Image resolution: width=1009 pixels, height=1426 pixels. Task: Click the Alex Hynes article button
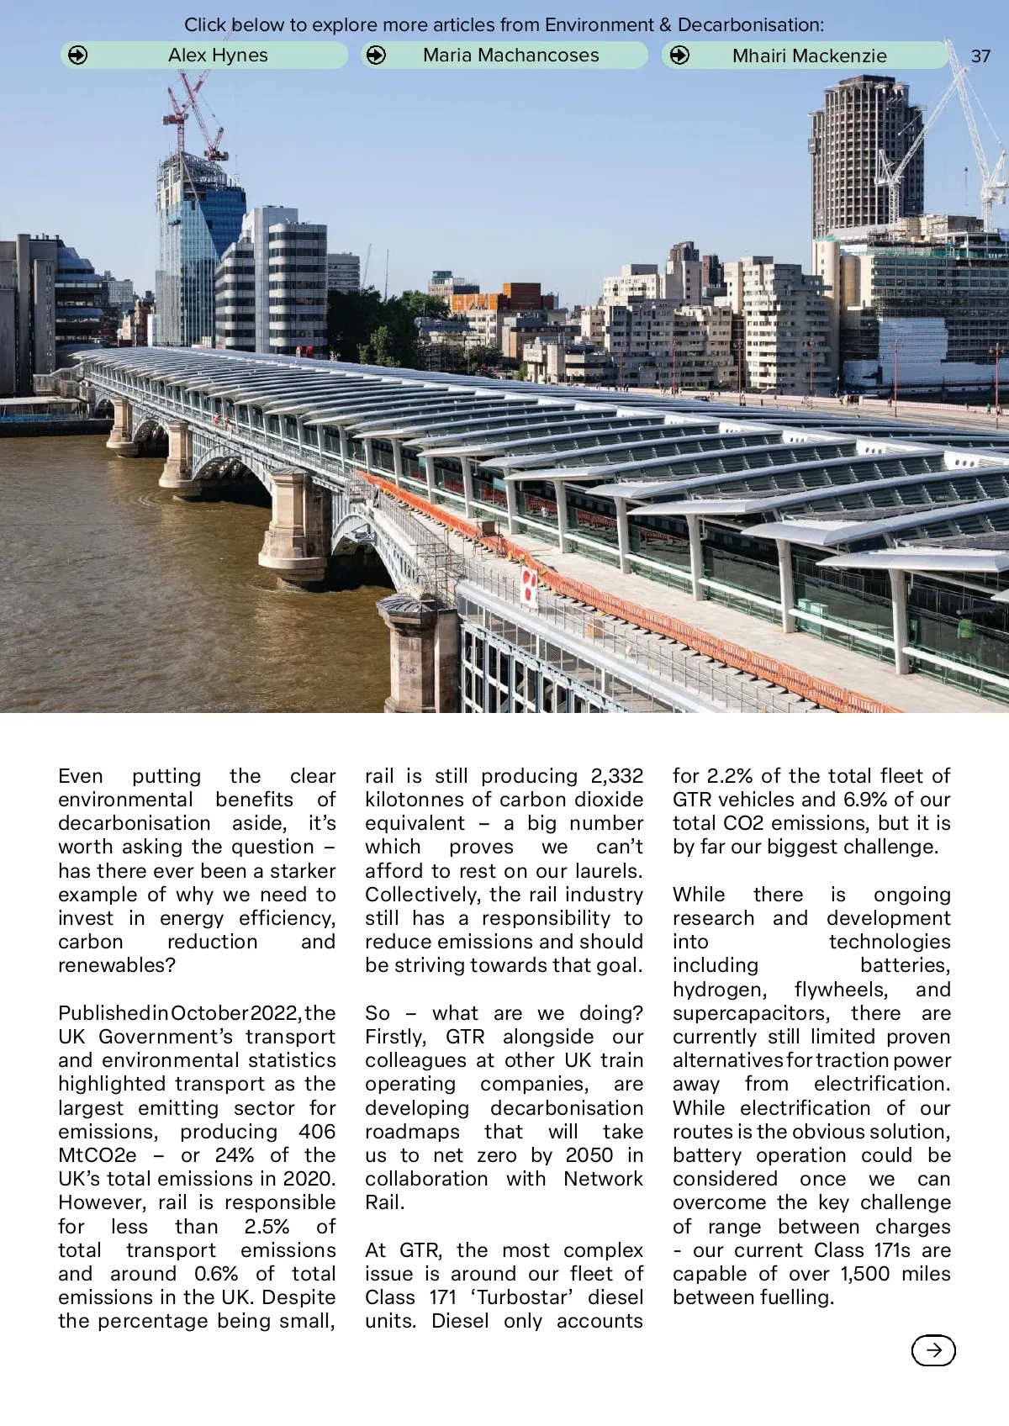203,55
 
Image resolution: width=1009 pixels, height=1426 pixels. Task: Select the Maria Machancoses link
504,55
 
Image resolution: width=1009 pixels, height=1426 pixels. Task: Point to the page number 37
980,56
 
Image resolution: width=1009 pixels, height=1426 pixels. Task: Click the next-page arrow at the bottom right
933,1350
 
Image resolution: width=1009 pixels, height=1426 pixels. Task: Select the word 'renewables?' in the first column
117,964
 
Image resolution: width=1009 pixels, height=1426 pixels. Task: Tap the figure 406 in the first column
317,1131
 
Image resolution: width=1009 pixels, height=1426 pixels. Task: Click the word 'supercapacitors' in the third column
751,1012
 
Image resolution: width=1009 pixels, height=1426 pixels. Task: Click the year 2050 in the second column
589,1154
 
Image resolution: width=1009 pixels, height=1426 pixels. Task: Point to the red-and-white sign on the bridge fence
529,586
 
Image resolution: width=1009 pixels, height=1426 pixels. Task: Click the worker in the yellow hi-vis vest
965,628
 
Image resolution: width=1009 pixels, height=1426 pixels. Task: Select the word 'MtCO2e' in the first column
97,1154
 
